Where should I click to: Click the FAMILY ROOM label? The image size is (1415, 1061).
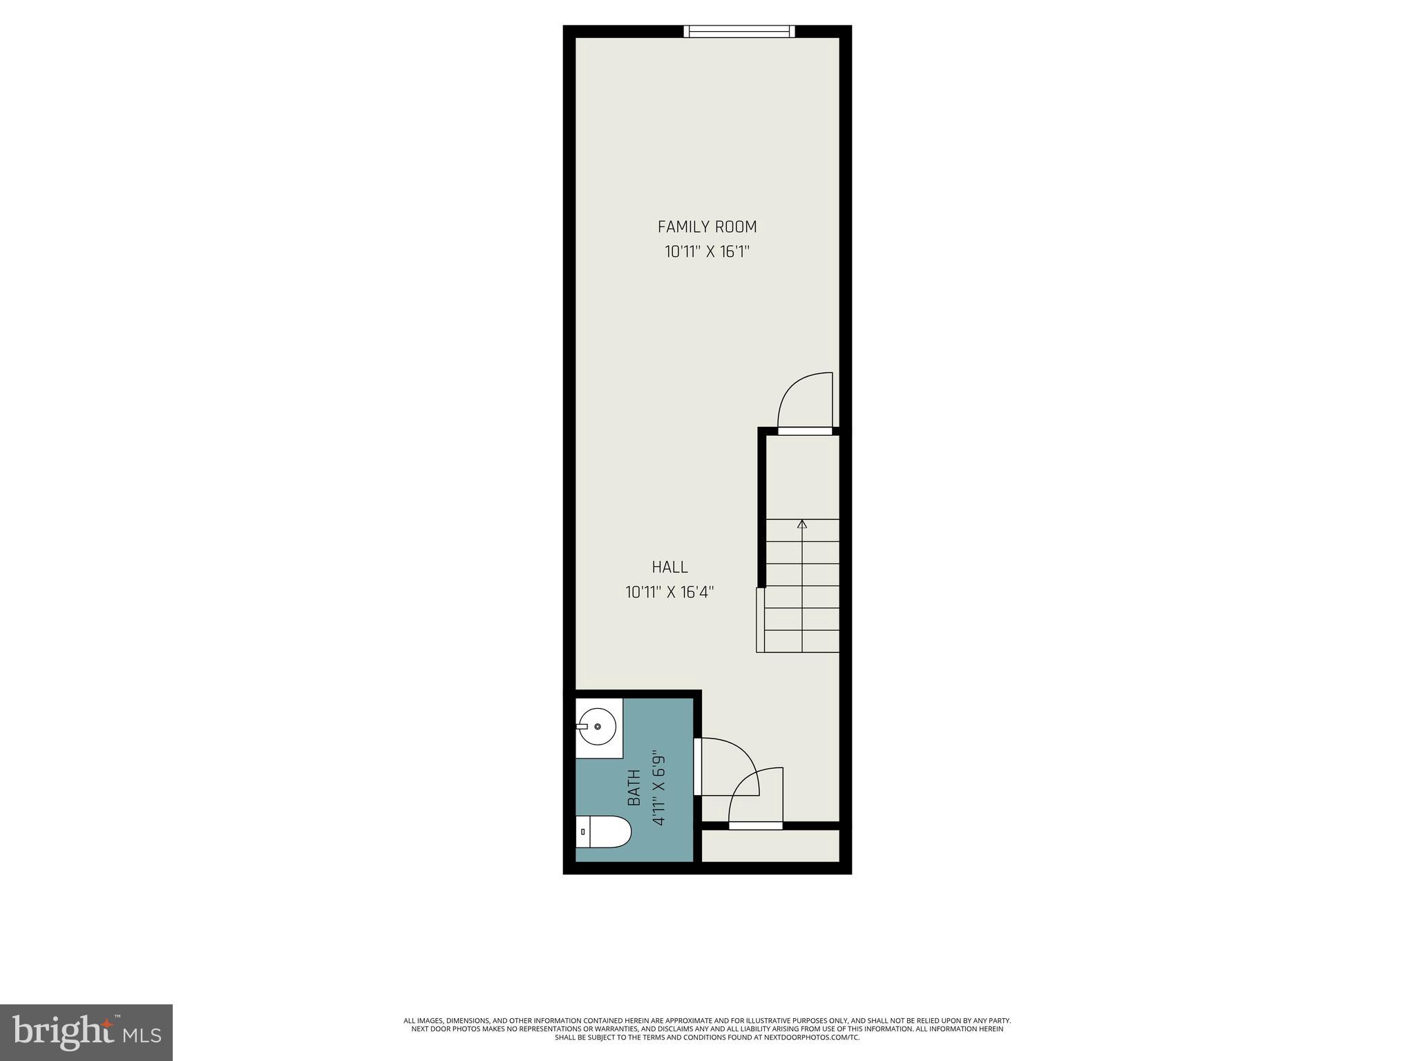click(707, 227)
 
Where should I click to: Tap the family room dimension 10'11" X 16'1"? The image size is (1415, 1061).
click(707, 251)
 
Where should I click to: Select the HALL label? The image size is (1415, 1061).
click(669, 567)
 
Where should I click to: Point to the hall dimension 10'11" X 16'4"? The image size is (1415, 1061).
click(669, 592)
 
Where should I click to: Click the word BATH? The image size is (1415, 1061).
click(634, 788)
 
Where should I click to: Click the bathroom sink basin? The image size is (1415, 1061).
click(598, 727)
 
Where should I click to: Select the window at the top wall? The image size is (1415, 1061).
click(739, 31)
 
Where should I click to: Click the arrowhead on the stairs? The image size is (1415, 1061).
click(801, 524)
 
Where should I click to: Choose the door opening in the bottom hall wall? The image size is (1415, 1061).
click(755, 825)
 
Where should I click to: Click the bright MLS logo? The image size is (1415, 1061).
click(86, 1032)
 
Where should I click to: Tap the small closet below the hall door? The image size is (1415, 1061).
click(770, 845)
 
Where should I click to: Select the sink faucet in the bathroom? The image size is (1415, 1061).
click(582, 727)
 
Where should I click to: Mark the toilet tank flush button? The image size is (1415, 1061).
click(582, 832)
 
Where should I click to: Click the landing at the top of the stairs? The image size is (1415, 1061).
click(801, 477)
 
